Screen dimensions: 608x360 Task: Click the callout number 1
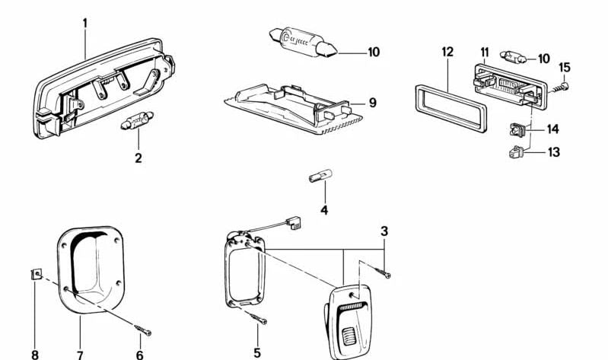(x=85, y=24)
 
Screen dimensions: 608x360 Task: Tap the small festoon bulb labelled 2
(x=137, y=120)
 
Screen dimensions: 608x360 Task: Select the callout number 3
(x=384, y=231)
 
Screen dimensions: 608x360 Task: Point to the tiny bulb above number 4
(x=320, y=176)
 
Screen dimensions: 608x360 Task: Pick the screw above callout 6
(x=143, y=330)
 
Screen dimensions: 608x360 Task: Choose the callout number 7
(x=79, y=355)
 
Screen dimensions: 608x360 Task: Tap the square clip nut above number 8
(x=36, y=275)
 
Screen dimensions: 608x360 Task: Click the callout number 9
(x=372, y=103)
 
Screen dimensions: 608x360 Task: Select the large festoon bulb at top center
(x=303, y=43)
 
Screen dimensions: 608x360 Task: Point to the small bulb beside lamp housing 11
(x=513, y=58)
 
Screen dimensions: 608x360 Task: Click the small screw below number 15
(x=560, y=88)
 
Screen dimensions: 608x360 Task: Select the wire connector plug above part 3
(x=293, y=222)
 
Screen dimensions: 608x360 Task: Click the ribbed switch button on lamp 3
(x=349, y=336)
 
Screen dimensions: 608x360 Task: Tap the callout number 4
(x=324, y=210)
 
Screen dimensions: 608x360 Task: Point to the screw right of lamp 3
(x=382, y=272)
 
